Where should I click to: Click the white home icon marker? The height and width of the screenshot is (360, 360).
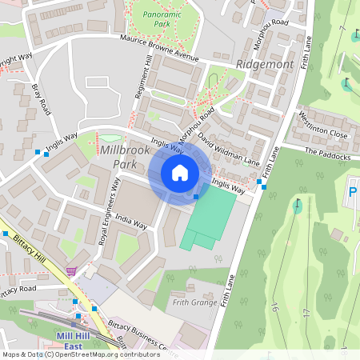[180, 173]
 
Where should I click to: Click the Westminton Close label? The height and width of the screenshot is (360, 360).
[323, 126]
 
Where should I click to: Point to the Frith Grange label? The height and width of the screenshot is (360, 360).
[194, 303]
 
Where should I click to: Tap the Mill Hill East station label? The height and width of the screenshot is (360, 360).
[78, 340]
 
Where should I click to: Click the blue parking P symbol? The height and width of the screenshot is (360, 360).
[353, 193]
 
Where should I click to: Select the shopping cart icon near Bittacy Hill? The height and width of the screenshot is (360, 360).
[73, 271]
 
